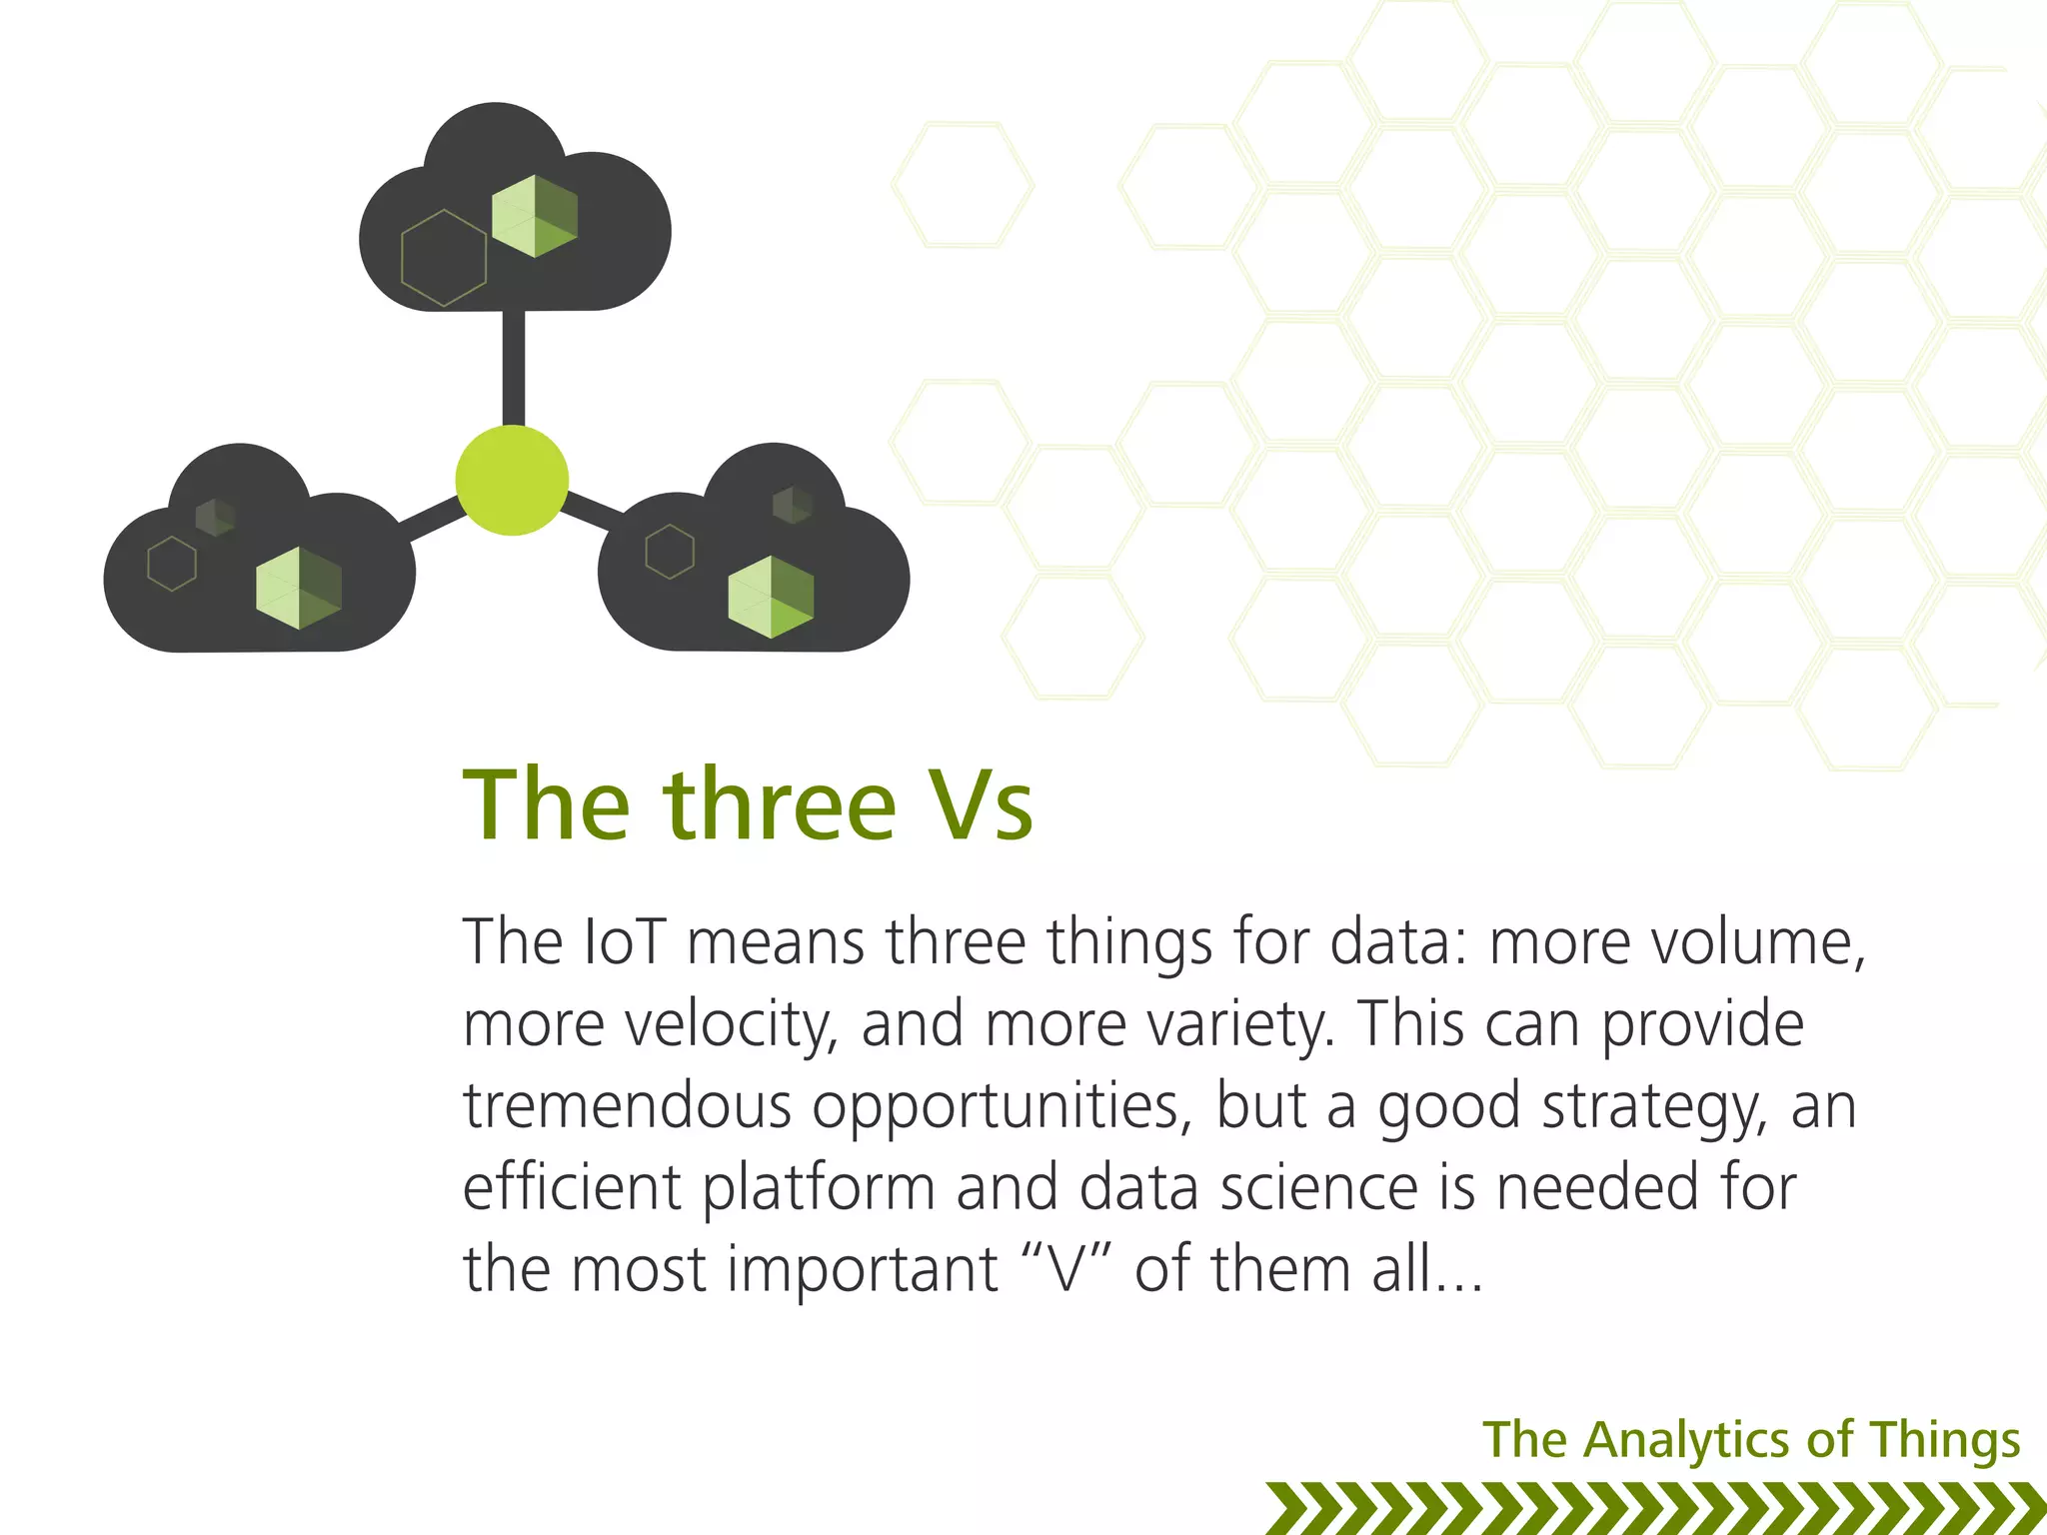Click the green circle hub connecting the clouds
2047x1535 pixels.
tap(512, 481)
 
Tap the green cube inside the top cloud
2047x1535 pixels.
tap(535, 216)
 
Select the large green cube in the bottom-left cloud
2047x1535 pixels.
tap(299, 588)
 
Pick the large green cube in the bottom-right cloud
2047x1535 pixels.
tap(771, 597)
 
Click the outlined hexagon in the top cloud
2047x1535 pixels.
tap(444, 258)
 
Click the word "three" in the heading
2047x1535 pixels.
tap(780, 805)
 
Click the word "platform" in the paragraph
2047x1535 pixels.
tap(819, 1188)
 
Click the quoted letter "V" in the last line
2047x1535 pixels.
tap(1066, 1269)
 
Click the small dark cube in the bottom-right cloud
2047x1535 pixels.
tap(792, 504)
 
